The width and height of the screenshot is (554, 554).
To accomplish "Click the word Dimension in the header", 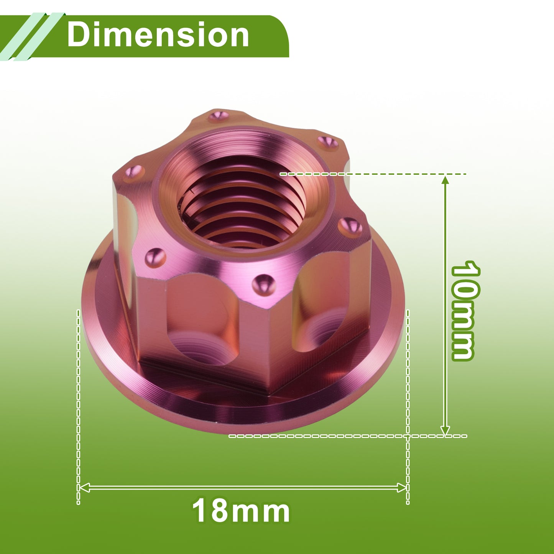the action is pyautogui.click(x=158, y=35).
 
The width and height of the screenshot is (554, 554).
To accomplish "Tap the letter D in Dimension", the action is pyautogui.click(x=77, y=35).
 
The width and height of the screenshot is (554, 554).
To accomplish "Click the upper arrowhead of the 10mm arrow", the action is pyautogui.click(x=446, y=180).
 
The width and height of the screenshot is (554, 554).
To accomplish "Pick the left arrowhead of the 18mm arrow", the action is pyautogui.click(x=84, y=488).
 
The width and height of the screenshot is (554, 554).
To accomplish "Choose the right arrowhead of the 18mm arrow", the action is pyautogui.click(x=402, y=488).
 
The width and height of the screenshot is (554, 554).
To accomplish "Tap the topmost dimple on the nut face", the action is pyautogui.click(x=219, y=116).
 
